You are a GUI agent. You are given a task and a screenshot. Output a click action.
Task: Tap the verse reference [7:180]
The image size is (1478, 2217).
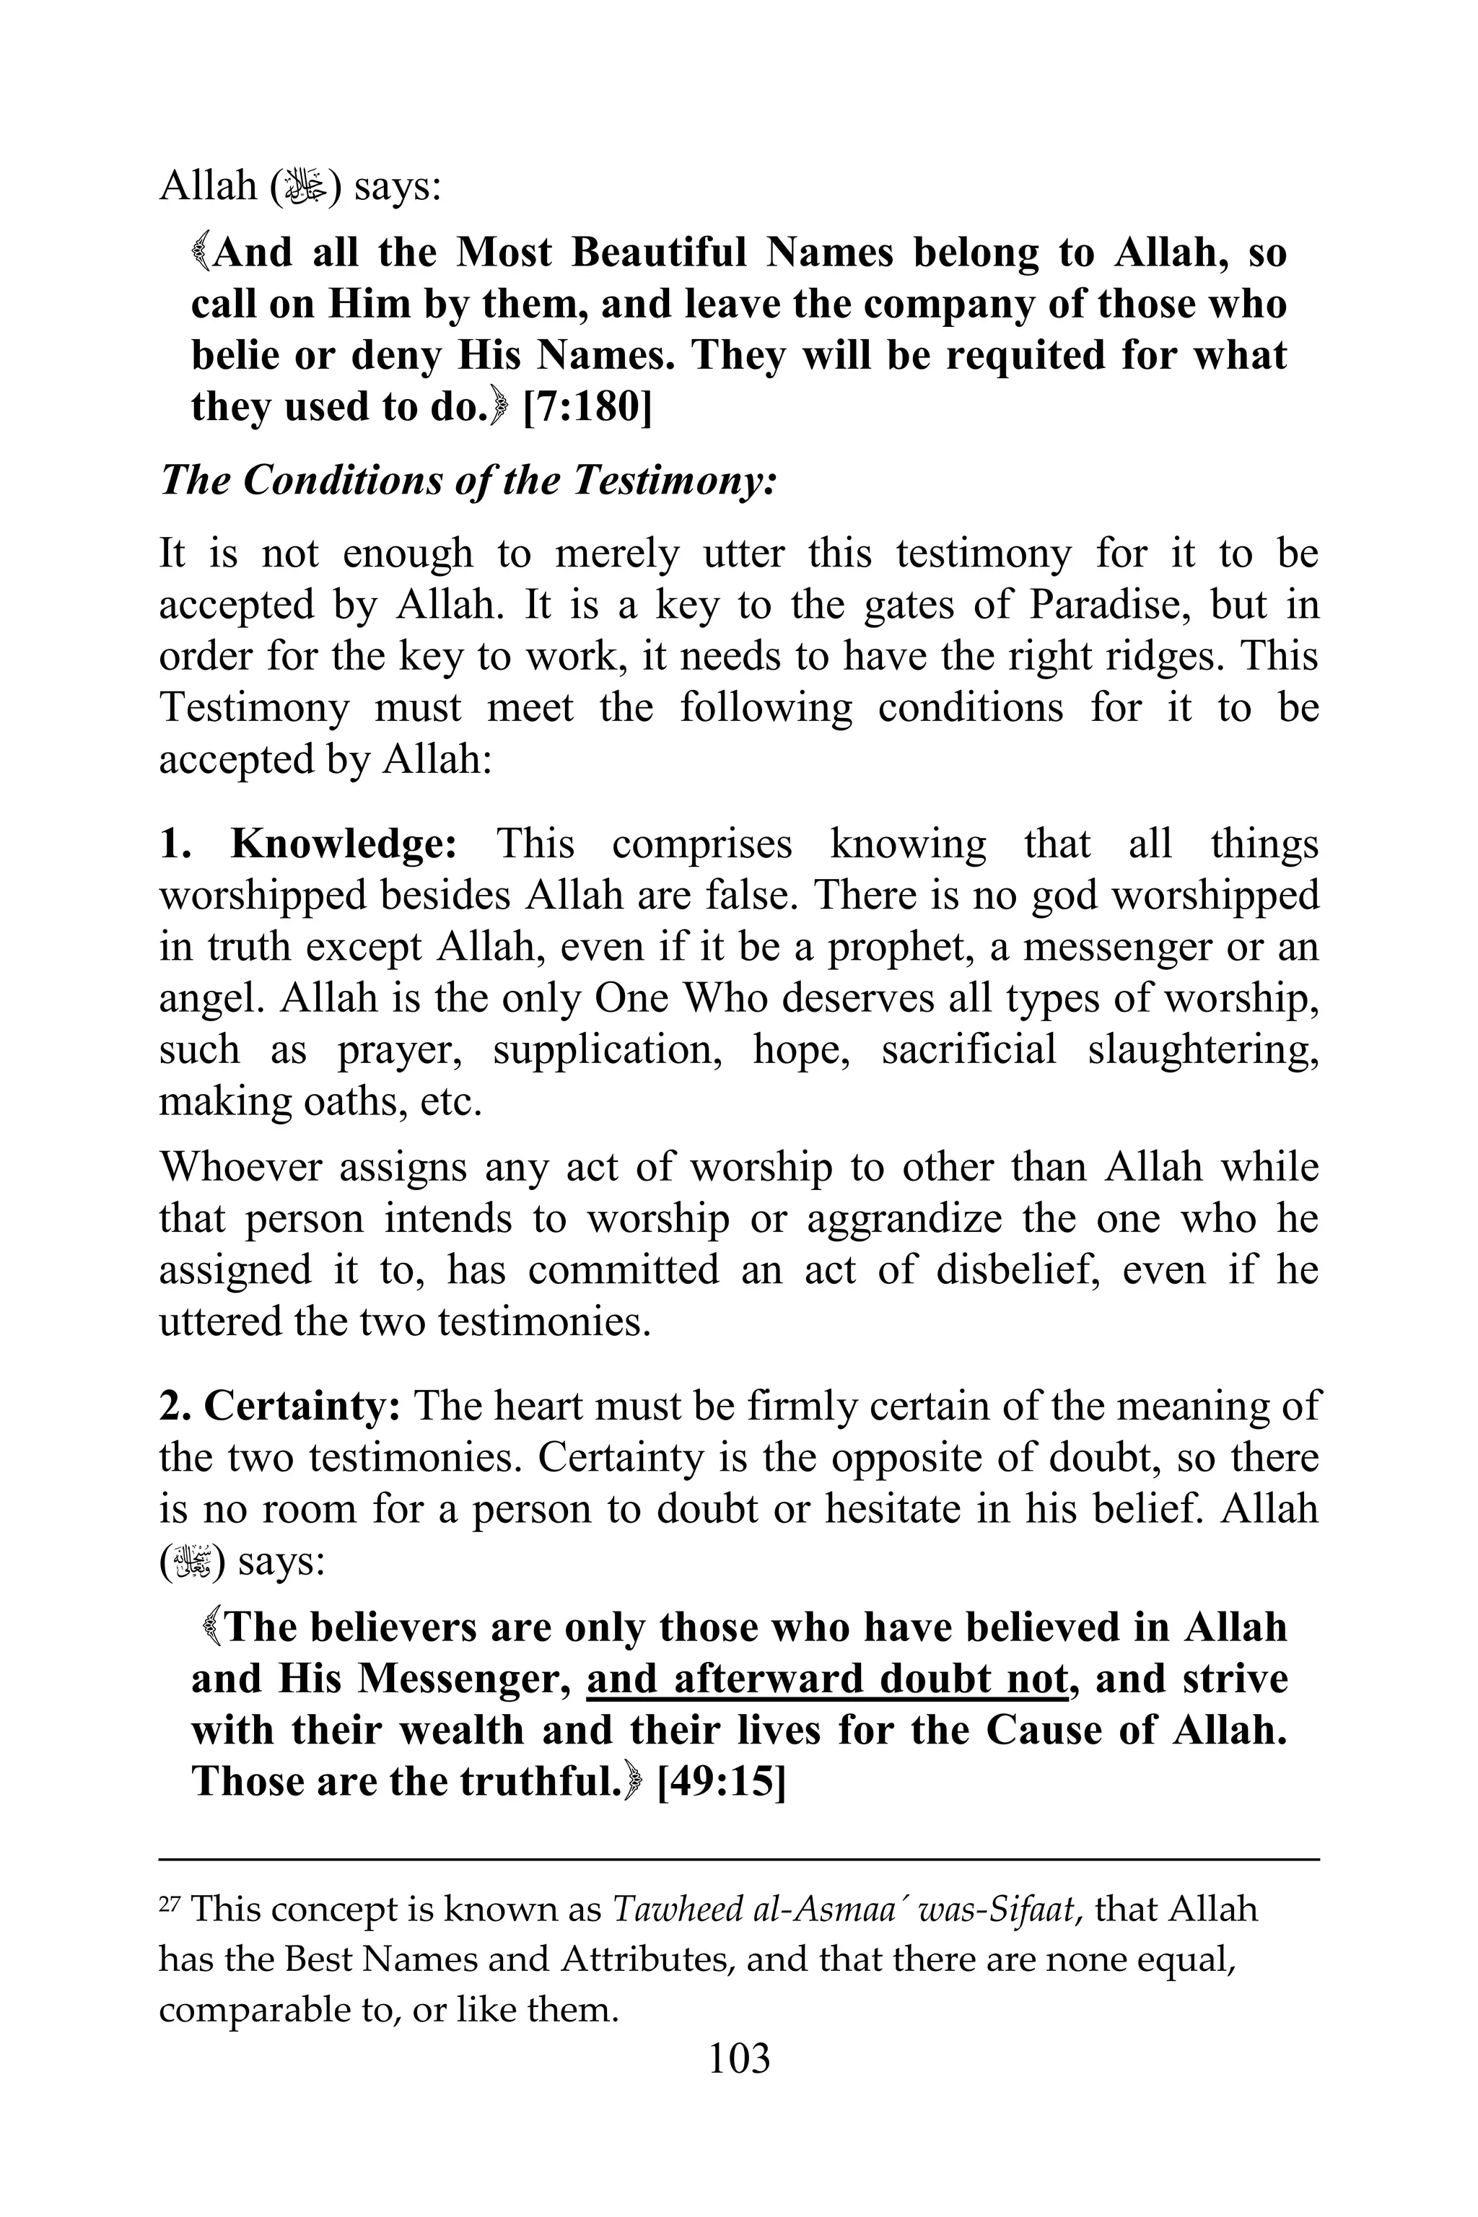pos(586,407)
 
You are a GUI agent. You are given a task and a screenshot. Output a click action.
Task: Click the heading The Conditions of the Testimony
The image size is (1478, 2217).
pos(468,481)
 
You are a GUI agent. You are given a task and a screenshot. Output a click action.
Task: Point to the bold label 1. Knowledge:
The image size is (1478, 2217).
pos(308,844)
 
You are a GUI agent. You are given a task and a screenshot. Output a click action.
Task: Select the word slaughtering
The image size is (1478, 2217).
pos(1203,1050)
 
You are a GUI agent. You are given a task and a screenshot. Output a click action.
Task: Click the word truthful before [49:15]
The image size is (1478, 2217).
pos(535,1782)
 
